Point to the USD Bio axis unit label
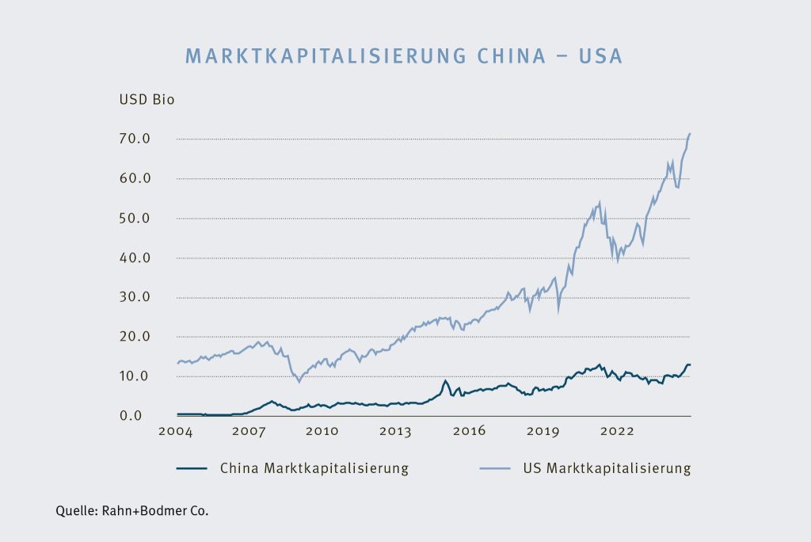click(x=147, y=100)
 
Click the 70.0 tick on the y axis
click(x=135, y=139)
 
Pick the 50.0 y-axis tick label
click(x=135, y=218)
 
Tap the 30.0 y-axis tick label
click(x=135, y=297)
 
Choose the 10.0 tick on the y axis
click(x=135, y=376)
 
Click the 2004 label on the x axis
click(x=176, y=432)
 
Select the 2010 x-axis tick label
click(x=322, y=432)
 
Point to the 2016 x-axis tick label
click(x=470, y=432)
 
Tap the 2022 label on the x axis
click(x=617, y=432)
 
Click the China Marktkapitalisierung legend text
click(x=314, y=468)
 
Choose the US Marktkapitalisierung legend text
click(x=607, y=468)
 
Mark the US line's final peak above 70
click(x=690, y=134)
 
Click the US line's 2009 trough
click(x=299, y=382)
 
